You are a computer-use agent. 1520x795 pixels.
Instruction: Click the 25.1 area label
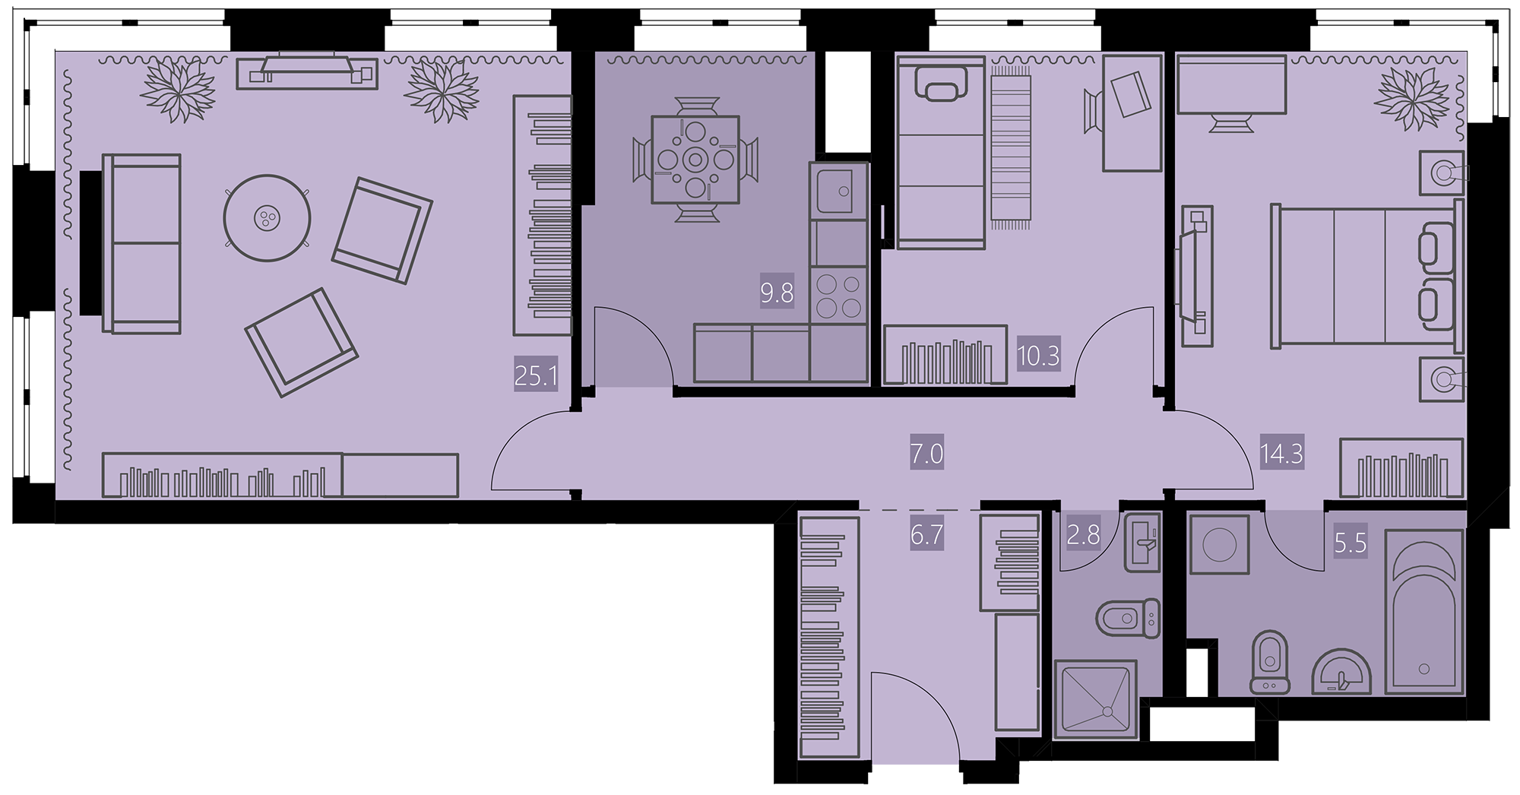[537, 375]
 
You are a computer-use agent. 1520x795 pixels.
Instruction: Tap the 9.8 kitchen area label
[777, 293]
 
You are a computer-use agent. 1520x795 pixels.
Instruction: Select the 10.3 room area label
[1038, 355]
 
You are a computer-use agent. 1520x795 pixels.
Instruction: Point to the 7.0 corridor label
[926, 454]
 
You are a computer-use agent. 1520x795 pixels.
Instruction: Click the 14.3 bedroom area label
[1282, 454]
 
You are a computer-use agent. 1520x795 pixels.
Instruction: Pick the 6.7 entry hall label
[926, 534]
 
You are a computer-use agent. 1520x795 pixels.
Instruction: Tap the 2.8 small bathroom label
[1083, 534]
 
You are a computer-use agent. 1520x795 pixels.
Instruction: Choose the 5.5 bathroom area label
[1351, 543]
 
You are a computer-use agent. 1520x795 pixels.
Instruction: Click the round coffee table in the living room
[267, 219]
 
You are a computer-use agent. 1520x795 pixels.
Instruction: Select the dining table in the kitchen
[695, 160]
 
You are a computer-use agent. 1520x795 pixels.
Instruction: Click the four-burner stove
[839, 296]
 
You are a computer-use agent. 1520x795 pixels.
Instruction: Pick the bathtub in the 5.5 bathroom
[1424, 612]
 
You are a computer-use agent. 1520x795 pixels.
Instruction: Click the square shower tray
[1096, 699]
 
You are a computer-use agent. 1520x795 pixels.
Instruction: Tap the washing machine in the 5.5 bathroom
[1219, 544]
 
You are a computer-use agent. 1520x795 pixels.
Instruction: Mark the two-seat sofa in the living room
[142, 244]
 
